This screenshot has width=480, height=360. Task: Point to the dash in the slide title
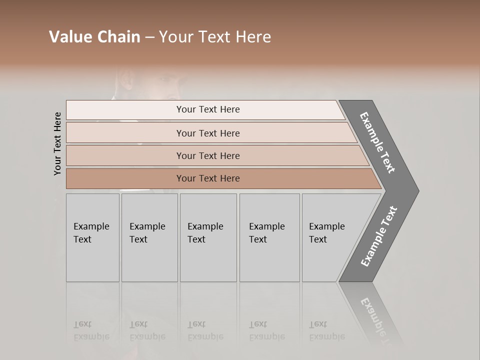point(149,37)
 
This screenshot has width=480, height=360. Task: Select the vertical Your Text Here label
point(57,144)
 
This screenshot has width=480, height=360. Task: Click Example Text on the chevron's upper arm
point(378,142)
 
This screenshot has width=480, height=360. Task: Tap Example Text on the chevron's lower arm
point(379,236)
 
